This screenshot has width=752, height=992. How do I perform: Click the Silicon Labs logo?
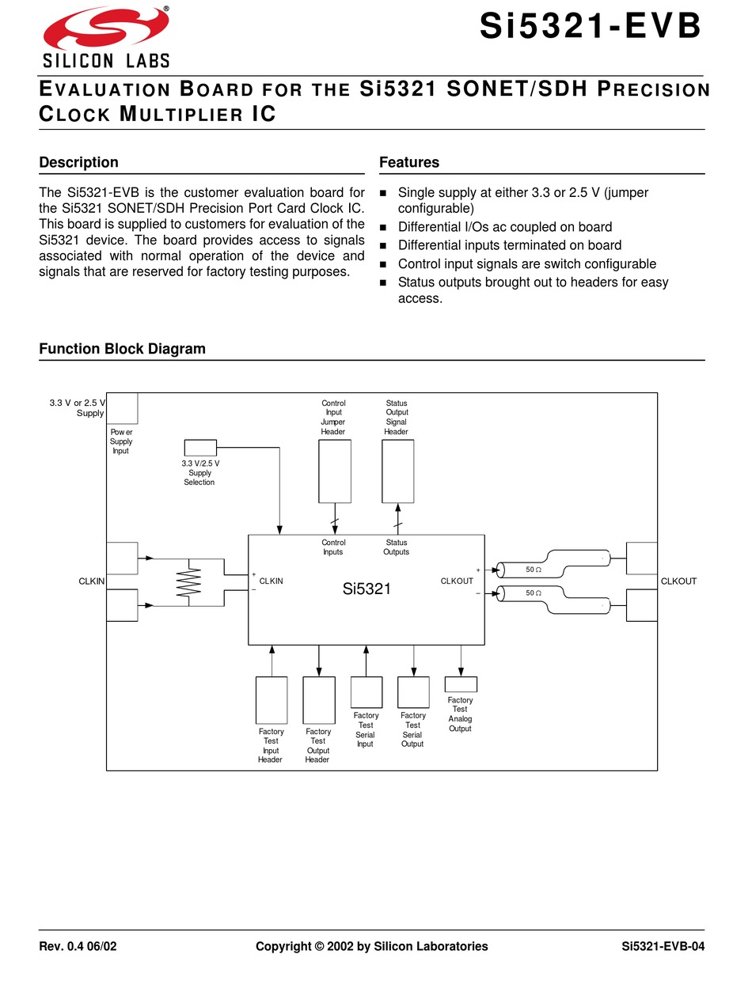click(x=106, y=37)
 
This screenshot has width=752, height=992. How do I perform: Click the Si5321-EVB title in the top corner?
click(x=591, y=28)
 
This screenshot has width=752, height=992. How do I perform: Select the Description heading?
click(x=78, y=162)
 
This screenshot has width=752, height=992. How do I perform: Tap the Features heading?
click(x=408, y=162)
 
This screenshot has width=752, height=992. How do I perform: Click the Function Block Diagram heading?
click(x=122, y=349)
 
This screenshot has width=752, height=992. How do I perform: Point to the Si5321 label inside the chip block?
click(x=367, y=589)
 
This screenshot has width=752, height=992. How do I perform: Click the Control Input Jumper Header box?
click(x=334, y=471)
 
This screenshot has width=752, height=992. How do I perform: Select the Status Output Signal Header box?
click(x=397, y=471)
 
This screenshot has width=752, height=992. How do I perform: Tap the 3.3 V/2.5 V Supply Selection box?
click(x=199, y=448)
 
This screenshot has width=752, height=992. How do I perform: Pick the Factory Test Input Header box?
click(x=272, y=700)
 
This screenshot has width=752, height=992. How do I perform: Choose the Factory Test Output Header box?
click(x=318, y=700)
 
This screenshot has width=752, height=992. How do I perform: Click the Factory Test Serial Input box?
click(x=366, y=692)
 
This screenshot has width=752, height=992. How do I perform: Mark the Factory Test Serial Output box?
click(x=413, y=692)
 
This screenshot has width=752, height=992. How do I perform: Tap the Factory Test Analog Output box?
click(x=461, y=684)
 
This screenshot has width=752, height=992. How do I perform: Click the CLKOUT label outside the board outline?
click(x=678, y=581)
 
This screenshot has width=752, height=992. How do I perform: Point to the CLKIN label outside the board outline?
click(x=92, y=581)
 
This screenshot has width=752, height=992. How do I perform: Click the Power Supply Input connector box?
click(x=122, y=408)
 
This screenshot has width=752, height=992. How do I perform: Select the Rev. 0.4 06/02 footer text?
click(x=78, y=946)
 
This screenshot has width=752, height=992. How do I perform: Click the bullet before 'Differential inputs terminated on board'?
click(x=384, y=246)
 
